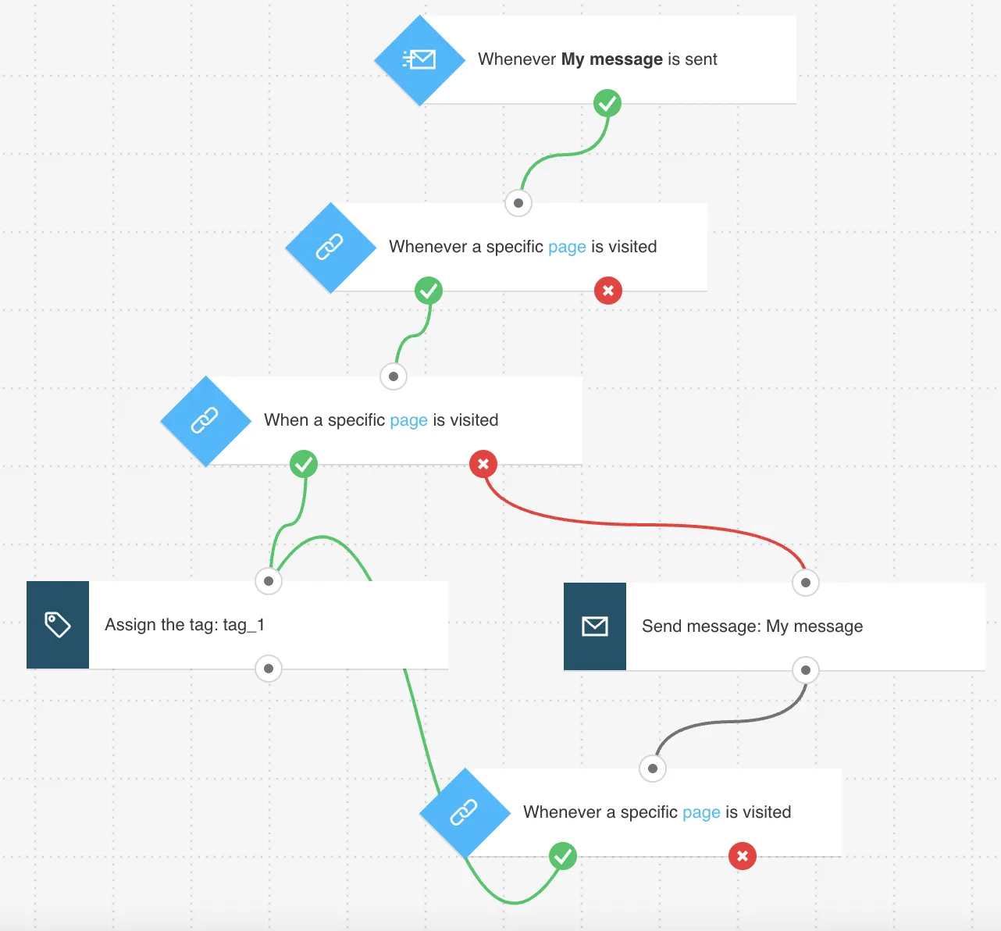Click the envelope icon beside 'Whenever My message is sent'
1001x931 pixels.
click(x=419, y=59)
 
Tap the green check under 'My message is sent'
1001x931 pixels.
click(x=607, y=103)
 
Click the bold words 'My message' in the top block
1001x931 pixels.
click(x=612, y=59)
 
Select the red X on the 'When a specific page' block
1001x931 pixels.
click(x=483, y=464)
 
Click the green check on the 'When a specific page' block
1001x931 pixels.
click(x=304, y=464)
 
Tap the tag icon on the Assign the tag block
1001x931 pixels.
click(x=58, y=625)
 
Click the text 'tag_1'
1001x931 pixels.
click(x=244, y=625)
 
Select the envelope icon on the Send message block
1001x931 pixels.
click(x=595, y=626)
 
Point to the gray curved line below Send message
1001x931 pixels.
click(x=731, y=722)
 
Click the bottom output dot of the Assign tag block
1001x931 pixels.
click(x=269, y=669)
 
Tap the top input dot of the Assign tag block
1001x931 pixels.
click(x=269, y=581)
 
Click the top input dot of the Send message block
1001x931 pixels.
click(x=806, y=583)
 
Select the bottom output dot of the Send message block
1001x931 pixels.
click(x=806, y=670)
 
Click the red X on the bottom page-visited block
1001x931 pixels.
click(x=742, y=856)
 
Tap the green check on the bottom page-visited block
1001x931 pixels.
click(x=562, y=856)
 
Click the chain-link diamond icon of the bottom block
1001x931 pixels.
click(x=465, y=812)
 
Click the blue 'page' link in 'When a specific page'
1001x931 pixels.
click(x=409, y=420)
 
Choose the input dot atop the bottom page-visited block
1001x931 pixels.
click(x=653, y=769)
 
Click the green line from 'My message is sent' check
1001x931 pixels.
click(x=565, y=154)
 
